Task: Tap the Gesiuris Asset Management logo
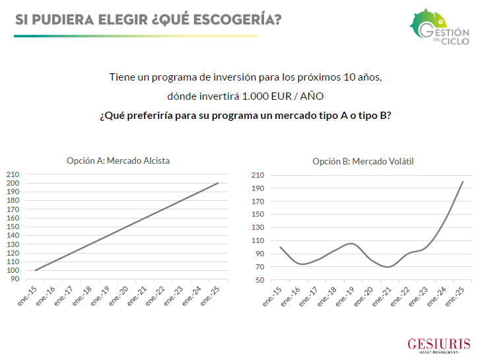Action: (x=438, y=345)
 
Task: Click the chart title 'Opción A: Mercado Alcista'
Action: (x=123, y=161)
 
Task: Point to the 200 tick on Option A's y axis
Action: (x=13, y=183)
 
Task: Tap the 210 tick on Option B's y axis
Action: (x=258, y=175)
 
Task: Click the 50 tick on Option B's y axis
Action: (x=259, y=280)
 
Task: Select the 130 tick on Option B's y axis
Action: (x=258, y=227)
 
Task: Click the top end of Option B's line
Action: (x=463, y=182)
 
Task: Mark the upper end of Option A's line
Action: (x=218, y=183)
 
